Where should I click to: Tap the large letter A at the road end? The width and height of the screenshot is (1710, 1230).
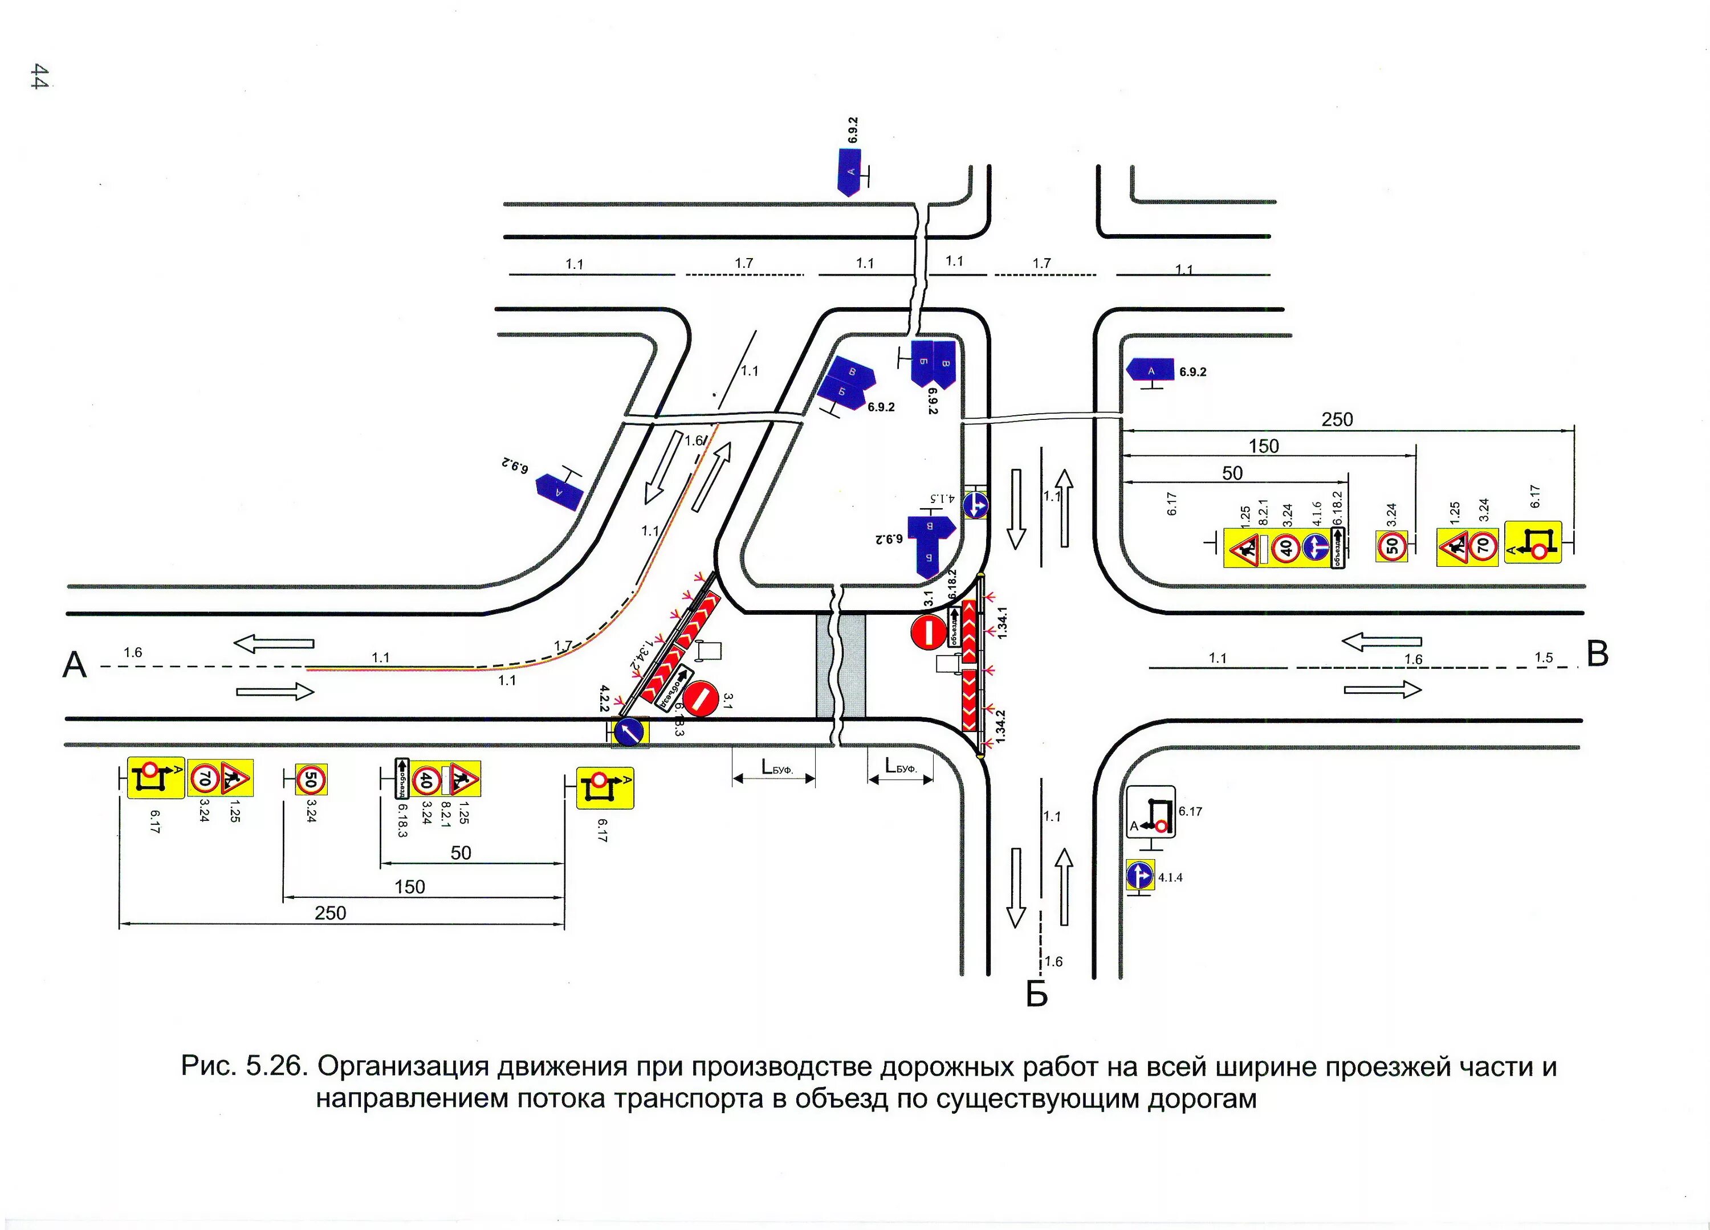pos(75,665)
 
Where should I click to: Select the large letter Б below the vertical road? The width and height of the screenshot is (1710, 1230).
pos(1037,995)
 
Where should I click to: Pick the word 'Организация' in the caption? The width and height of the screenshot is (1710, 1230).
pos(397,1067)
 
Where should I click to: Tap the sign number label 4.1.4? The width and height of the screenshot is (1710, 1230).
pos(1170,877)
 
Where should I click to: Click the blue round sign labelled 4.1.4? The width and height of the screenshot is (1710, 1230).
pos(1139,876)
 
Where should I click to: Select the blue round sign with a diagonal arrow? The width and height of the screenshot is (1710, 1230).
pos(629,730)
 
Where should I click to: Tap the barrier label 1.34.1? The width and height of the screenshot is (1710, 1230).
pos(1002,623)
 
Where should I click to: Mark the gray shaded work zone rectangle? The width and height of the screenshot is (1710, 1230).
pos(841,665)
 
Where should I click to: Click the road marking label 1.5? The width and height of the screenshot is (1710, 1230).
pos(1544,657)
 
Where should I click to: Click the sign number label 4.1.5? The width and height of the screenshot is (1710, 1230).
pos(941,498)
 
